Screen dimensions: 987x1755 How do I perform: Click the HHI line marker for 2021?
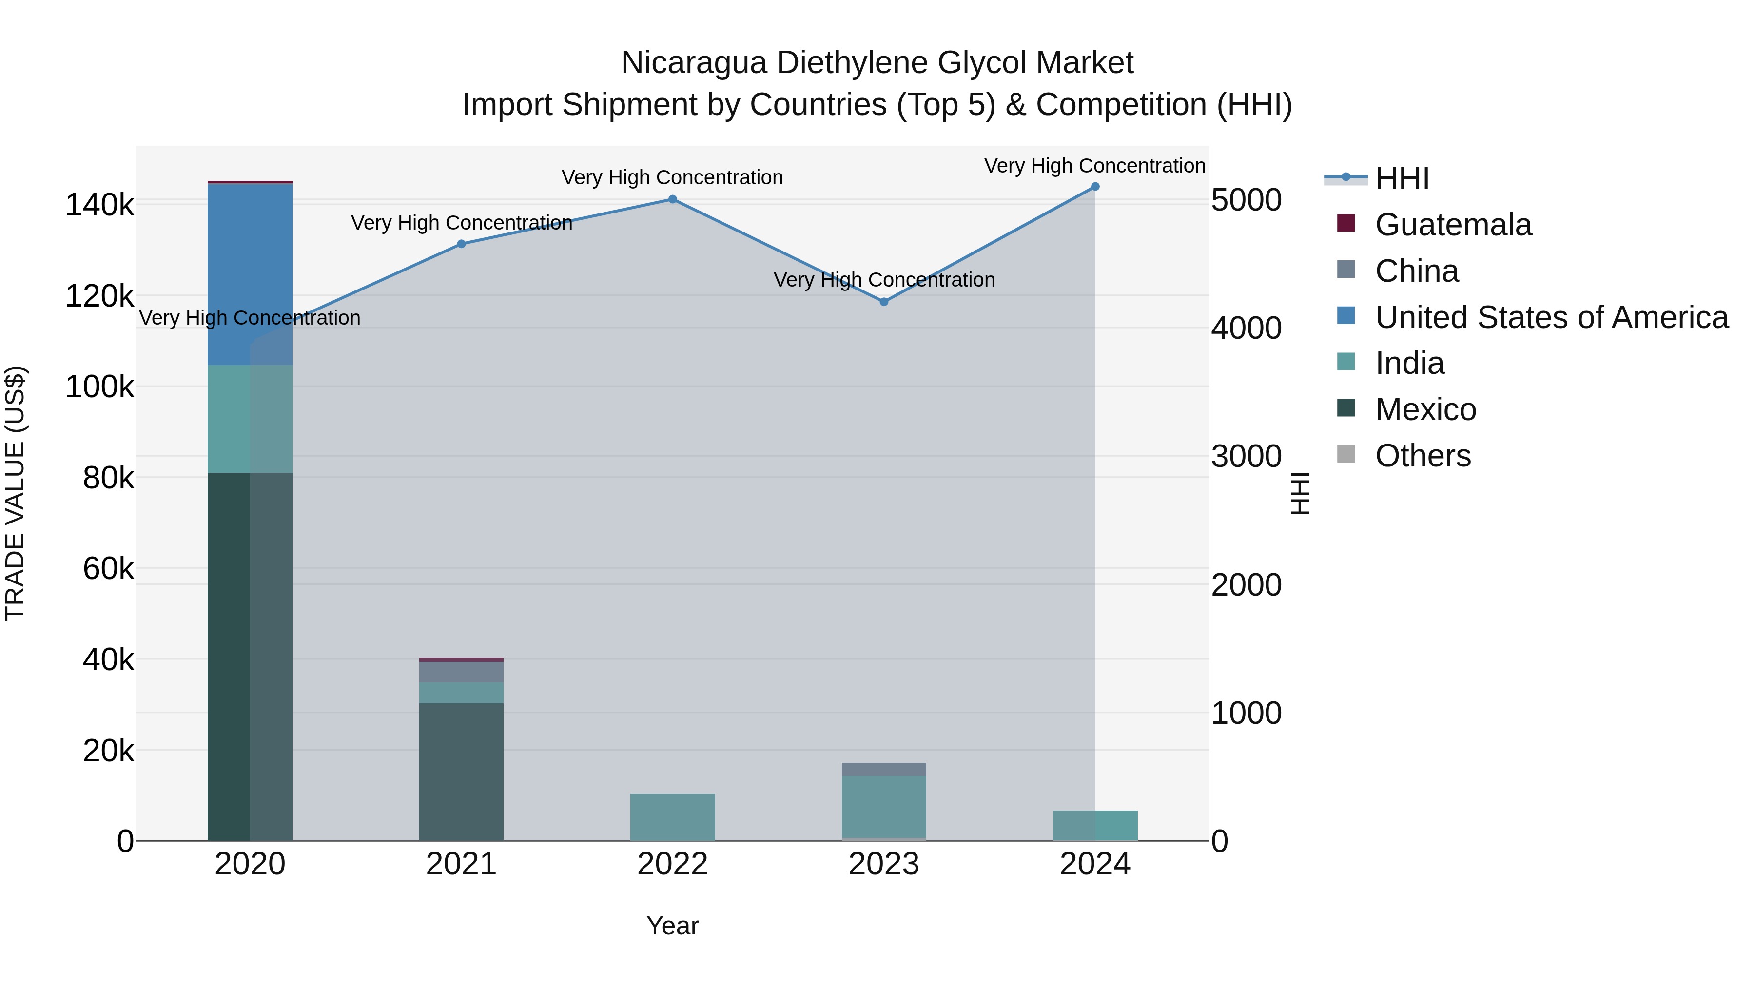[x=461, y=244]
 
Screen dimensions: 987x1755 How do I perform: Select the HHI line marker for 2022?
[x=672, y=199]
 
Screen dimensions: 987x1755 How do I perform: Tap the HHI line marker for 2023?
[x=884, y=302]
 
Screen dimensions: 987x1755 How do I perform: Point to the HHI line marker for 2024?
[x=1095, y=187]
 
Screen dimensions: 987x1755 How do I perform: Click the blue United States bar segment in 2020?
[x=249, y=272]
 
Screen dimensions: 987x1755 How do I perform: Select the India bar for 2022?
[x=672, y=817]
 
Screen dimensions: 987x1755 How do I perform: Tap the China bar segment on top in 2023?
[x=884, y=769]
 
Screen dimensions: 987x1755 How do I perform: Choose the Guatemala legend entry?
[x=1453, y=225]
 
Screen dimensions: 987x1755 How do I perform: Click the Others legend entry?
[x=1423, y=456]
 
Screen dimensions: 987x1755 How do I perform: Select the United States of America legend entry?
[x=1551, y=317]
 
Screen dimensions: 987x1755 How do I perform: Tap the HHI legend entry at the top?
[x=1402, y=178]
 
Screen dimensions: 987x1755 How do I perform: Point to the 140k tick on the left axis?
[x=99, y=205]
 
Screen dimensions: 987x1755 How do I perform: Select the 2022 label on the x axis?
[x=672, y=864]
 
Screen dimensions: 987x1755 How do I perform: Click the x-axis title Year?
[x=672, y=926]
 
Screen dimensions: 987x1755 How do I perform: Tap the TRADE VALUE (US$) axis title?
[x=15, y=493]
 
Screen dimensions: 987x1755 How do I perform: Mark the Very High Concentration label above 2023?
[x=884, y=280]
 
